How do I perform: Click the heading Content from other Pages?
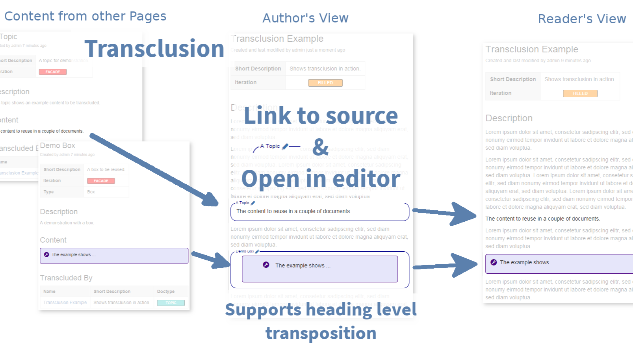(85, 16)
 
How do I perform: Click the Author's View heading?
(305, 18)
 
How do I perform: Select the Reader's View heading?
(581, 19)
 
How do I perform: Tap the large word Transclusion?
(154, 49)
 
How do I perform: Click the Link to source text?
(321, 116)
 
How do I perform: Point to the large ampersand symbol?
(320, 147)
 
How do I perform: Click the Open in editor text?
(321, 178)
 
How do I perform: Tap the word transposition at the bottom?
(321, 333)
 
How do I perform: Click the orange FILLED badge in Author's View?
(325, 83)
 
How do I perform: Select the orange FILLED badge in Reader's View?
(580, 93)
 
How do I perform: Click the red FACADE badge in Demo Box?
(101, 181)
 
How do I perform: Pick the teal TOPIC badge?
(171, 303)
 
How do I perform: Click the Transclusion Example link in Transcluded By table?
(65, 302)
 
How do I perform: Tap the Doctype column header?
(165, 291)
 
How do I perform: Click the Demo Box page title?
(58, 146)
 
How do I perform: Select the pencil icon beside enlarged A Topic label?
(285, 147)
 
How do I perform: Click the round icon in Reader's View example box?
(494, 262)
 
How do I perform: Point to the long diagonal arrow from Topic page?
(154, 169)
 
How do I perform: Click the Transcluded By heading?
(66, 278)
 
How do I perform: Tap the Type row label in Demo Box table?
(48, 192)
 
